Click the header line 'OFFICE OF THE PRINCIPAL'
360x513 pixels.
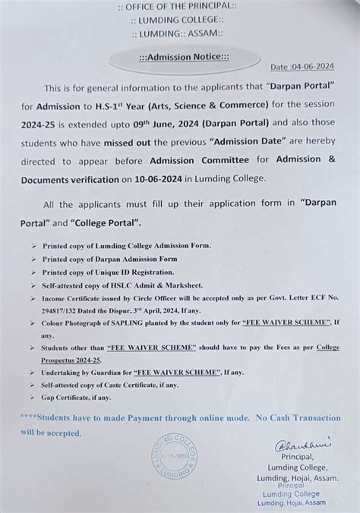point(179,8)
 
